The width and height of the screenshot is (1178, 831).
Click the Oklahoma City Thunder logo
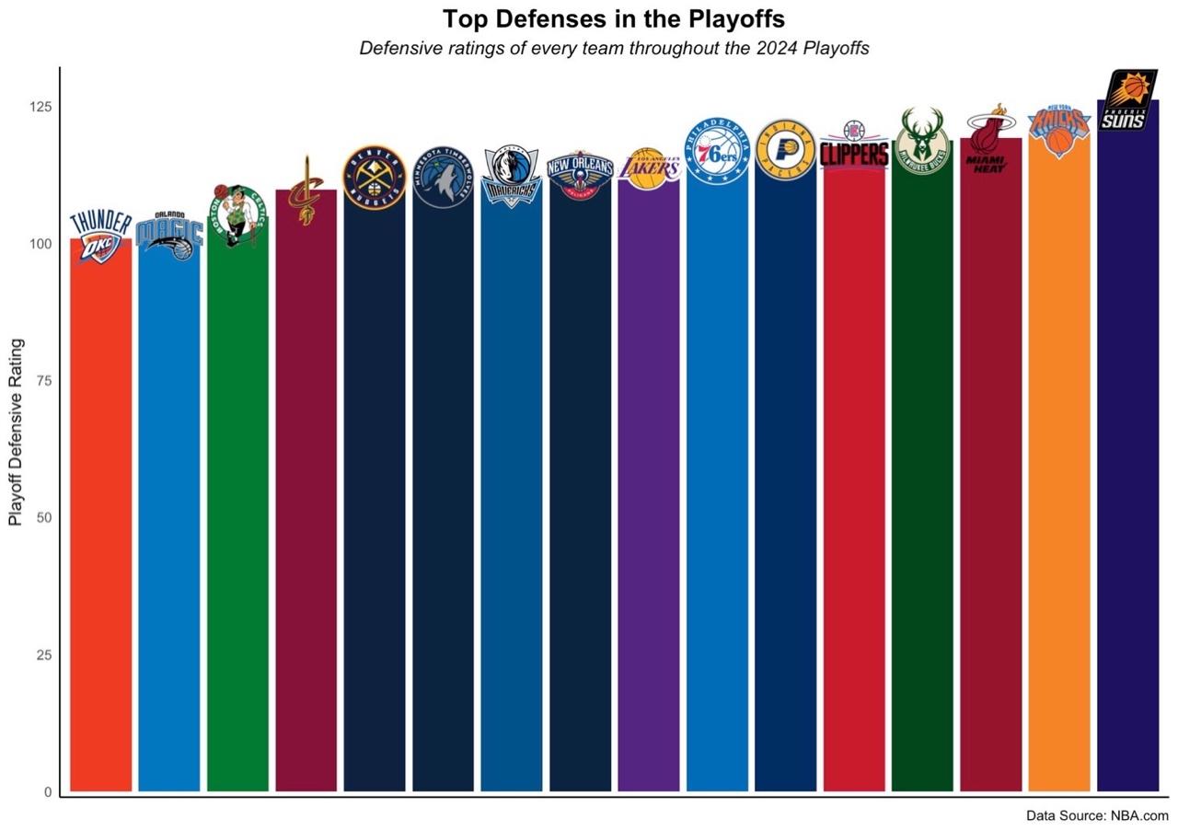[x=101, y=237]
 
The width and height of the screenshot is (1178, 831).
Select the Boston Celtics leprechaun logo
[x=237, y=215]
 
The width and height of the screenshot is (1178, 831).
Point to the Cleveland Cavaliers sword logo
[x=306, y=190]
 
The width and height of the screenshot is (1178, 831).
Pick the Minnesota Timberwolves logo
[x=443, y=177]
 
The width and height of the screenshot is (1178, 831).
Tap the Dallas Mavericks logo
[x=511, y=175]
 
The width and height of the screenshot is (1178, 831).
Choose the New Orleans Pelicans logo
[x=580, y=174]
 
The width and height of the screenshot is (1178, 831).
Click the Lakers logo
[x=649, y=168]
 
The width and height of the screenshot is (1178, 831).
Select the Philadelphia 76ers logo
[x=717, y=150]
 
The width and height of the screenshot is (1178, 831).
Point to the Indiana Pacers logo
[x=785, y=150]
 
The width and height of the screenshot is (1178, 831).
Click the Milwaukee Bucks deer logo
[x=922, y=141]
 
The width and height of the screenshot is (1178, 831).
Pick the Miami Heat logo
[x=990, y=139]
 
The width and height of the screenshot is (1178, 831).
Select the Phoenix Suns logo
[x=1127, y=100]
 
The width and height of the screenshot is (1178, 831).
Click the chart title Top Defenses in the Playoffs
[x=614, y=19]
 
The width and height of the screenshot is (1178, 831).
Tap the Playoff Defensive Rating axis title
[x=16, y=433]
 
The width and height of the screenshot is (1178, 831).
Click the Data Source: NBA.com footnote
[x=1097, y=815]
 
